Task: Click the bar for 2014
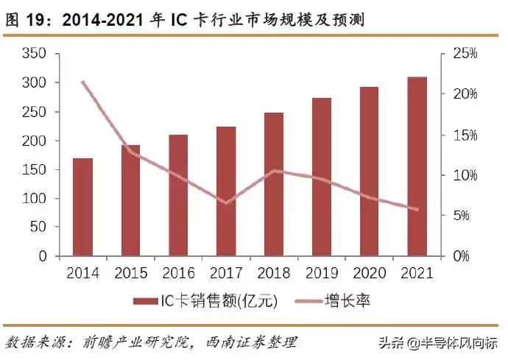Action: pyautogui.click(x=82, y=207)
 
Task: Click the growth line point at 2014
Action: pyautogui.click(x=82, y=82)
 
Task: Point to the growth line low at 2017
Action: pyautogui.click(x=226, y=202)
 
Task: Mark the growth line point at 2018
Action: pyautogui.click(x=274, y=171)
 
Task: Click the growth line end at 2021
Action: pyautogui.click(x=417, y=210)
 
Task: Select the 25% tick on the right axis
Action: pyautogui.click(x=465, y=54)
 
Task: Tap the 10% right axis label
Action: pyautogui.click(x=465, y=175)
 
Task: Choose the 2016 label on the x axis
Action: pyautogui.click(x=178, y=273)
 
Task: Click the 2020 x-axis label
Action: pyautogui.click(x=370, y=273)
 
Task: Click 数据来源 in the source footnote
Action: pyautogui.click(x=34, y=342)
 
